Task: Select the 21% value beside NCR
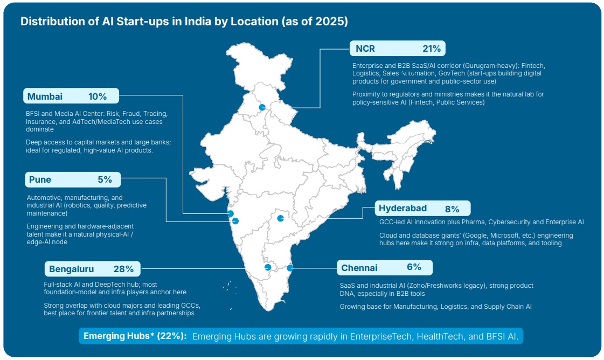click(x=432, y=49)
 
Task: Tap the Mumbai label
click(x=45, y=97)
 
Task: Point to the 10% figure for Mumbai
click(x=98, y=97)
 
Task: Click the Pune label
click(x=40, y=179)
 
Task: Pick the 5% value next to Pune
click(x=105, y=179)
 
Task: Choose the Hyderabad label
click(x=402, y=209)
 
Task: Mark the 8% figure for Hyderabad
click(x=452, y=209)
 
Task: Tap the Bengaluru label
click(x=71, y=269)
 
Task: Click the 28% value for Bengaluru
click(x=123, y=269)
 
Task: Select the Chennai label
click(x=359, y=268)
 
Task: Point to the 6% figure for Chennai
click(x=414, y=267)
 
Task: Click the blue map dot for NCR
click(x=262, y=107)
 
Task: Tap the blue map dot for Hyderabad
click(x=280, y=218)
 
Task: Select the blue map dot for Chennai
click(x=290, y=268)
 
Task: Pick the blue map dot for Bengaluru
click(x=268, y=267)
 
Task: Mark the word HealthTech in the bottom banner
click(x=438, y=336)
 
